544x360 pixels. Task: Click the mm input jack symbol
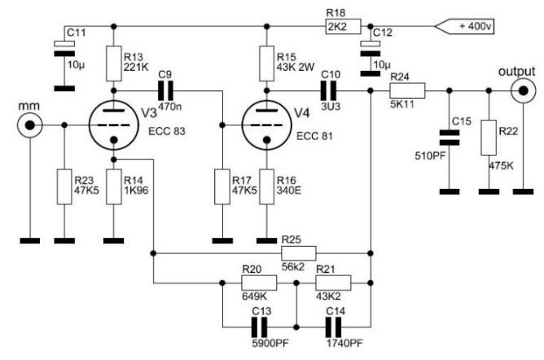30,125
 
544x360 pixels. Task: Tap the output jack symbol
523,91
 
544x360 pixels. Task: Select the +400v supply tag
464,26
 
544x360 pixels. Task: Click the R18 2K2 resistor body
343,26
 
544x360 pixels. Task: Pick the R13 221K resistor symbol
114,64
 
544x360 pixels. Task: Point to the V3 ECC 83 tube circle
114,125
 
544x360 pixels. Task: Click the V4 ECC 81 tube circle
266,125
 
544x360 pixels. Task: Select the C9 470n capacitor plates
165,91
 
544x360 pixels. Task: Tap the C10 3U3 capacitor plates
328,91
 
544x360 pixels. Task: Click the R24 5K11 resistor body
407,90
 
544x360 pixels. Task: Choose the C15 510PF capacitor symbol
450,138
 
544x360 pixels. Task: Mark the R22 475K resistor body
489,138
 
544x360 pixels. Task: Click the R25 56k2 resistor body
299,253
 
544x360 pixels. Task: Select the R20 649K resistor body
259,283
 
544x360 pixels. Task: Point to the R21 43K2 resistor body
333,283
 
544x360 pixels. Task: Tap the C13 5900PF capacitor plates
259,327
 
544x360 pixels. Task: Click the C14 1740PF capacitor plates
333,327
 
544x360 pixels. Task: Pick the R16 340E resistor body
266,187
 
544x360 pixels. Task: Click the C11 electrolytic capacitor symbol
64,49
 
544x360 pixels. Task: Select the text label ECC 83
167,131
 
